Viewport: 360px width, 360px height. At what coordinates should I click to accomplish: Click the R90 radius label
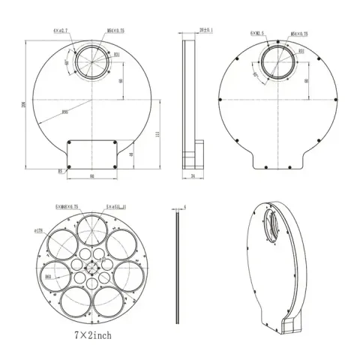click(66, 112)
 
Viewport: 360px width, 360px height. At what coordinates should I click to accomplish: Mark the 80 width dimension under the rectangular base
click(91, 177)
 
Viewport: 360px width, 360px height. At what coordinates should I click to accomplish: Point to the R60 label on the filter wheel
click(48, 277)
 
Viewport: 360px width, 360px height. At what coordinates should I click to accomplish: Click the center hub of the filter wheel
click(91, 268)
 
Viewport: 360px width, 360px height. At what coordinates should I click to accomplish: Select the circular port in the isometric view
click(272, 223)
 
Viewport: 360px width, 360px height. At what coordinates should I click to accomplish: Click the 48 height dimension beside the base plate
click(132, 155)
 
